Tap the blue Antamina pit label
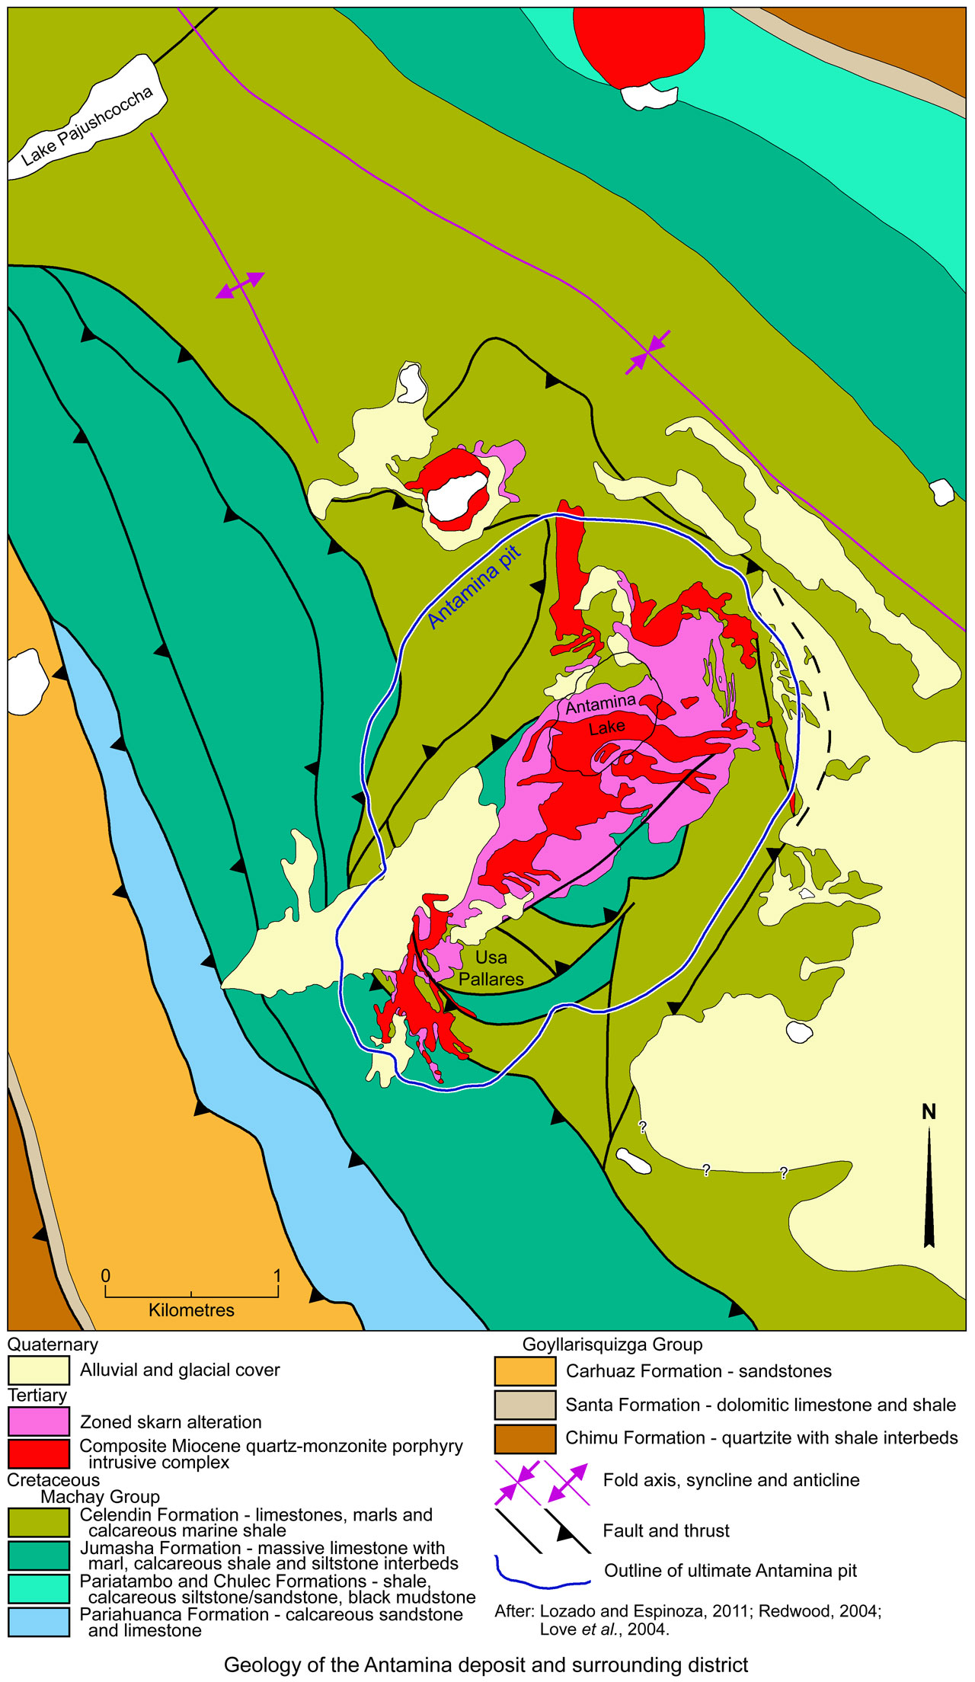(474, 587)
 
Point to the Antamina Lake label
(603, 715)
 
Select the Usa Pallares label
(491, 968)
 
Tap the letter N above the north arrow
(929, 1112)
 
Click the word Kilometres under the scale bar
(191, 1310)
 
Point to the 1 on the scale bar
(277, 1276)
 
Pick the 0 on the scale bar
(105, 1276)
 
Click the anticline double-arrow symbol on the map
(240, 285)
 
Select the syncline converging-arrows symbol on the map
(647, 352)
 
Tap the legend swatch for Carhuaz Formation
(525, 1371)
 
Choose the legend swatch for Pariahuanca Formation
(38, 1623)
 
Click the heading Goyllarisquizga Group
(612, 1345)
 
